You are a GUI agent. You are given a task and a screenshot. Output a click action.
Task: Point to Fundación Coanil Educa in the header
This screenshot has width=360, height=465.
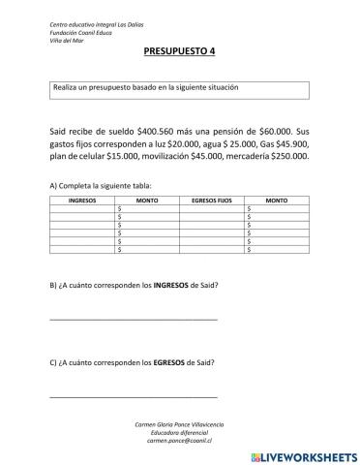point(54,31)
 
